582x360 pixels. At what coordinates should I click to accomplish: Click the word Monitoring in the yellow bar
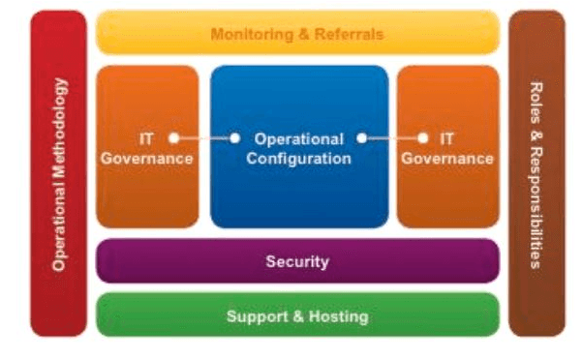(x=250, y=35)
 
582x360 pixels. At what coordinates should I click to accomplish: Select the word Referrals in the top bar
(x=347, y=35)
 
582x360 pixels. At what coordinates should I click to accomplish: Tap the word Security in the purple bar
(x=297, y=261)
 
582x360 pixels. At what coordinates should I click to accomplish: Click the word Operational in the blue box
(x=301, y=138)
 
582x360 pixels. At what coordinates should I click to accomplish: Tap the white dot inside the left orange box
(x=173, y=138)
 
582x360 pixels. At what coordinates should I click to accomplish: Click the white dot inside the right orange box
(x=422, y=138)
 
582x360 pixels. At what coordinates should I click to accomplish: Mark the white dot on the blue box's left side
(x=235, y=138)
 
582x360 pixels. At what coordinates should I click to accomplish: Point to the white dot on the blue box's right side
(x=361, y=138)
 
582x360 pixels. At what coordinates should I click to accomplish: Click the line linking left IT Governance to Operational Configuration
(x=204, y=138)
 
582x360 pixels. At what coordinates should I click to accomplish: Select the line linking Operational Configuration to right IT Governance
(x=392, y=138)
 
